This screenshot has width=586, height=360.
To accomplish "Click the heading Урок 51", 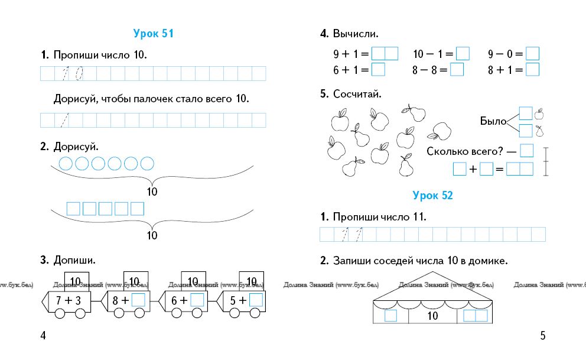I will point(153,34).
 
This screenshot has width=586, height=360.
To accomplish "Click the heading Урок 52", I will point(432,195).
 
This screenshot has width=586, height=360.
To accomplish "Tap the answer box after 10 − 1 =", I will point(463,54).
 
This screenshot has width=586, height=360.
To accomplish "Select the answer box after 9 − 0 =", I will point(533,54).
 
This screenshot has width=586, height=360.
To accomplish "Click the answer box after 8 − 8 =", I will point(457,70).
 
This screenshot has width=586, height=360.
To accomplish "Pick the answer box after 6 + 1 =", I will point(378,70).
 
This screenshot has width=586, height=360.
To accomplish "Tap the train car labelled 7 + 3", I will point(69,300).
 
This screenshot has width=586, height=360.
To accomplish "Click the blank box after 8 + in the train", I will point(138,300).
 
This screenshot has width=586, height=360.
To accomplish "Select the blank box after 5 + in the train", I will point(256,300).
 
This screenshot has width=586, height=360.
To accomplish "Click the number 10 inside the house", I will point(432,316).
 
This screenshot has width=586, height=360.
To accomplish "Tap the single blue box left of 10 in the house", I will point(390,316).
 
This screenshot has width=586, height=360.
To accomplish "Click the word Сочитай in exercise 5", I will point(357,93).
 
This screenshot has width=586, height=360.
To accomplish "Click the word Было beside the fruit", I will point(493,122).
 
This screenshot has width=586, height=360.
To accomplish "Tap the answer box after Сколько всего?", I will point(527,151).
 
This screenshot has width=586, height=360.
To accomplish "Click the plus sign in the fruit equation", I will point(473,170).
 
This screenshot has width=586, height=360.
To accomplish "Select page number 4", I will point(43,336).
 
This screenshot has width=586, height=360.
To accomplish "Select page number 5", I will point(543,336).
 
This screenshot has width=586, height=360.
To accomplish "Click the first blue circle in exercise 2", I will point(67,163).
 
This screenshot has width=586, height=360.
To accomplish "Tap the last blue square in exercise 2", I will point(137,209).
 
